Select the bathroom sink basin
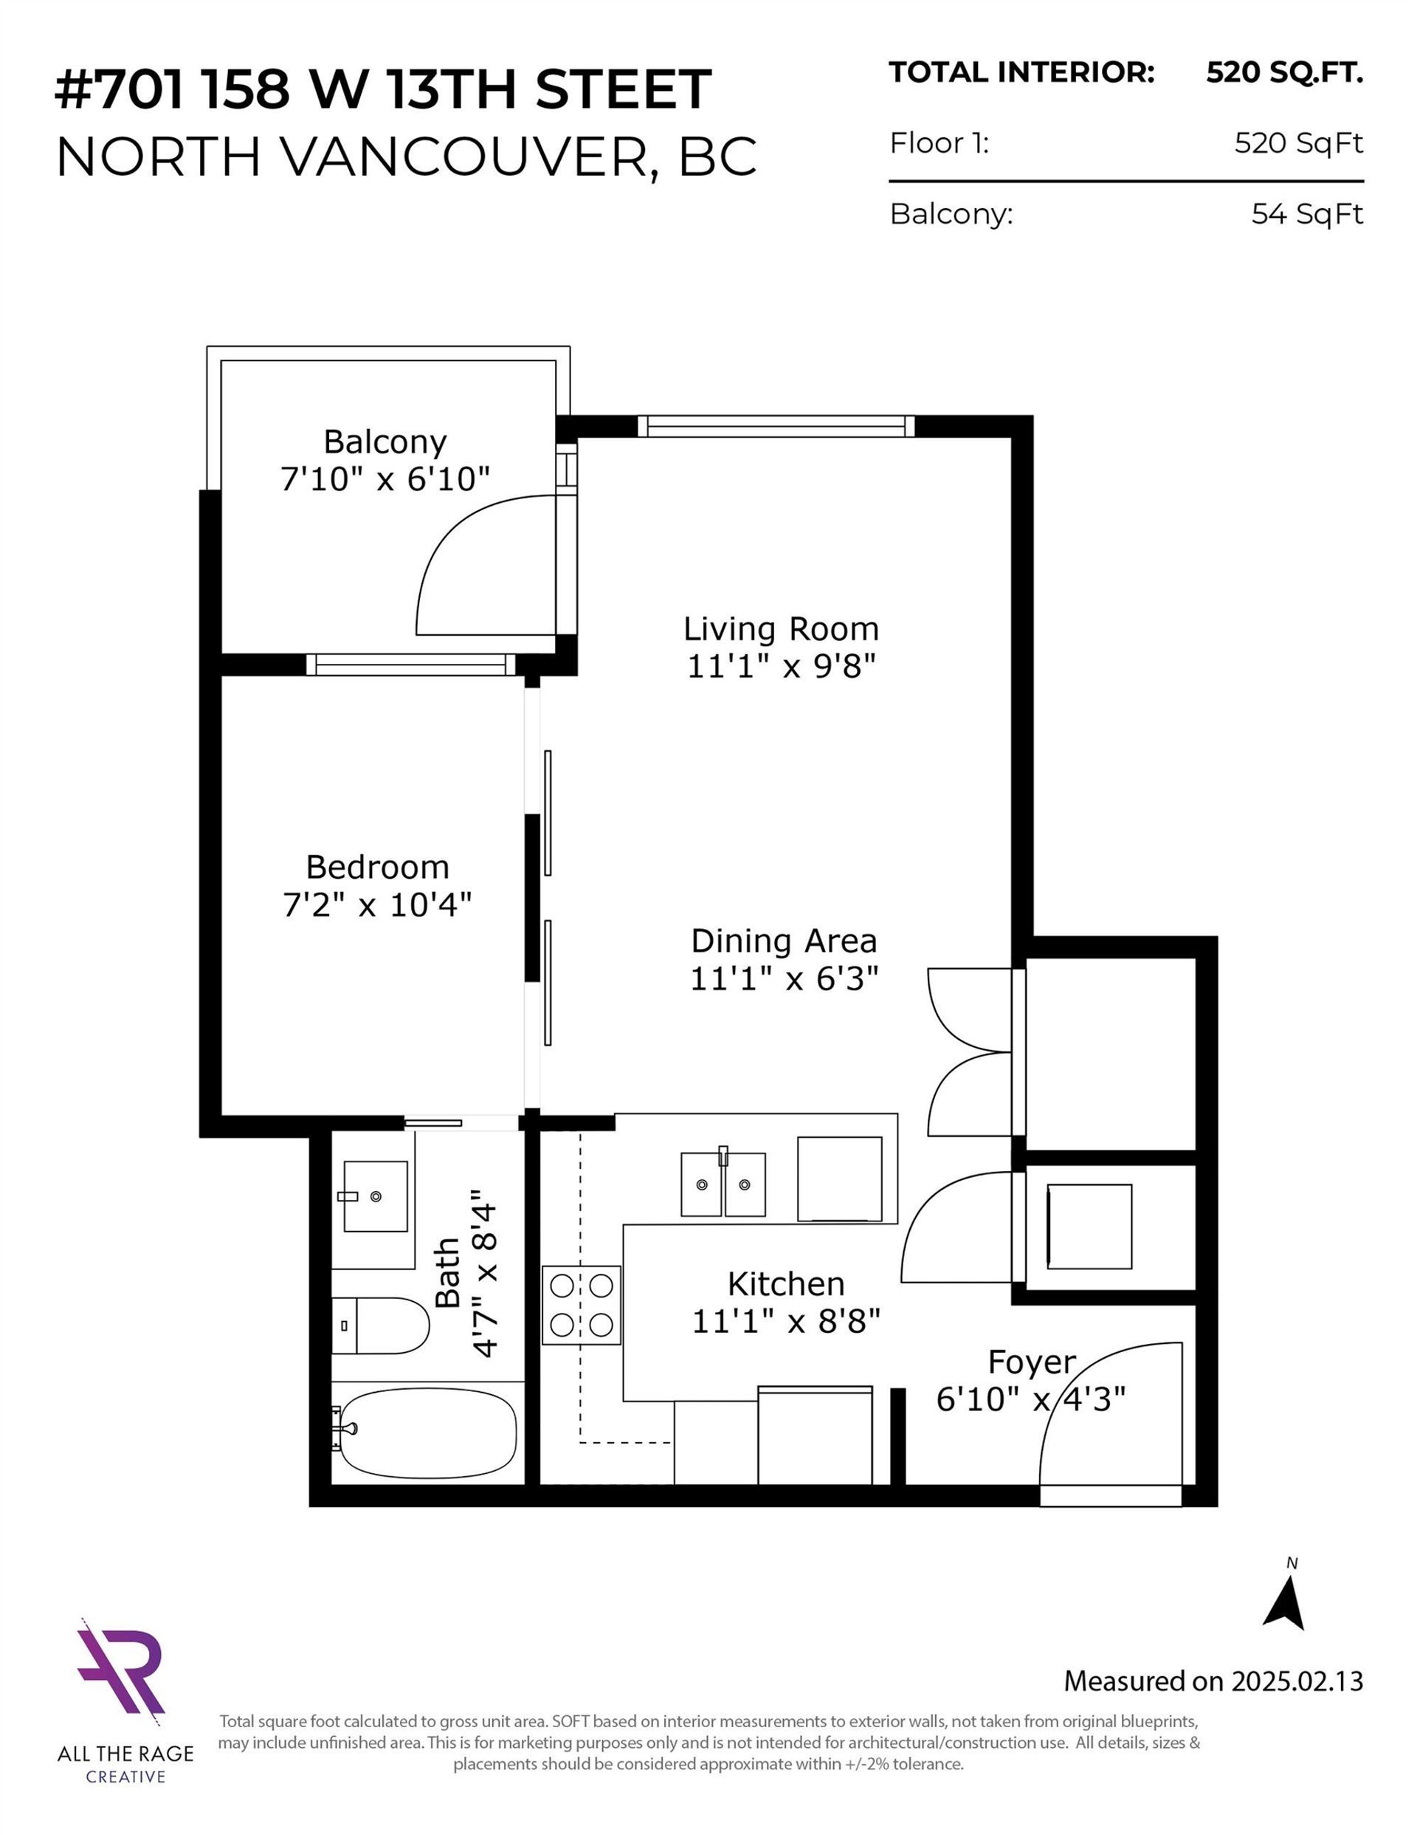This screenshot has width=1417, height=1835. [376, 1196]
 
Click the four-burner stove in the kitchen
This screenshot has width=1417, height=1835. [582, 1305]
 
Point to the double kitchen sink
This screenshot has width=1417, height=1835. [723, 1183]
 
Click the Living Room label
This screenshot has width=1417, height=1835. [780, 628]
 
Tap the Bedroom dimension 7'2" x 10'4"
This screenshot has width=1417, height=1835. [377, 905]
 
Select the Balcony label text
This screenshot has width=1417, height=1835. [385, 442]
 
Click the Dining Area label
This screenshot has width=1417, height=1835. [784, 941]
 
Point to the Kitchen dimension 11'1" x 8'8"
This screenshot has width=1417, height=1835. [785, 1323]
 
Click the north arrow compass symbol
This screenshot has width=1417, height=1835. [1285, 1603]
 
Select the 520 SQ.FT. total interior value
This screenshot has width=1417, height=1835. [1284, 73]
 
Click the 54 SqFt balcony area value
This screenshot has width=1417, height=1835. [1307, 214]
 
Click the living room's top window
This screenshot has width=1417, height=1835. [776, 426]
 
